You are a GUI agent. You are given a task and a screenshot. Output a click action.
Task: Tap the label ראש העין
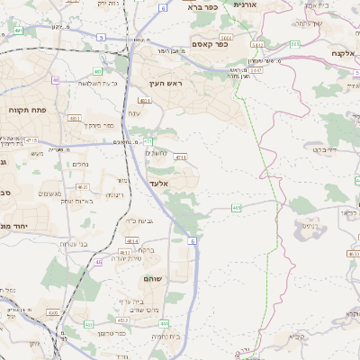click(167, 83)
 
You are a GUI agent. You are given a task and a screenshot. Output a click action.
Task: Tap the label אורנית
click(244, 4)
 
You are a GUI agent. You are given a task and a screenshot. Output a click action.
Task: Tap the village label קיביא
click(297, 337)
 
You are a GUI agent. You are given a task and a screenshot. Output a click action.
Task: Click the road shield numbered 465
click(236, 208)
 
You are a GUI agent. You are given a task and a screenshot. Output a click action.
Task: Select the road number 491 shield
click(19, 31)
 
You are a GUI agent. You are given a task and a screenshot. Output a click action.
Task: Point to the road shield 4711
click(181, 157)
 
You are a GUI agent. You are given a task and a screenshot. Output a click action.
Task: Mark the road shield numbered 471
click(148, 141)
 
